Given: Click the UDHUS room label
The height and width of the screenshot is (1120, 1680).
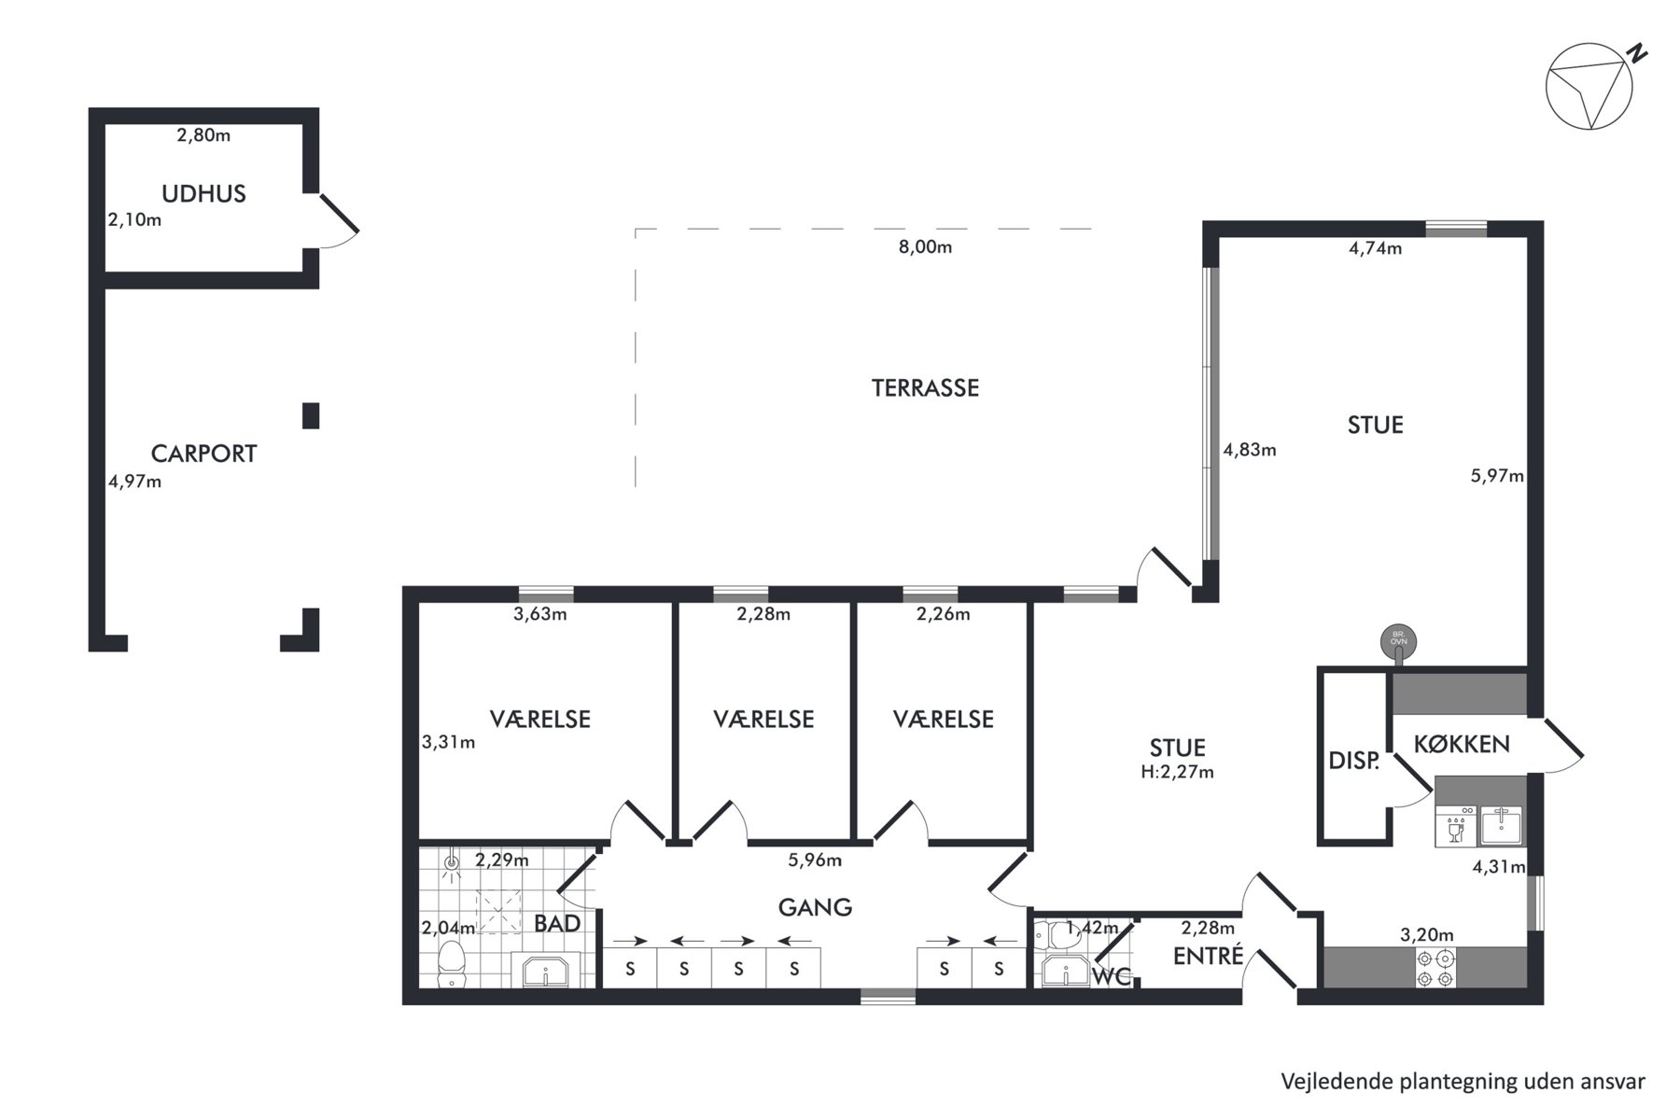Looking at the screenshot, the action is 203,194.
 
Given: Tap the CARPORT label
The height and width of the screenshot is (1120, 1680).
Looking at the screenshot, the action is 203,454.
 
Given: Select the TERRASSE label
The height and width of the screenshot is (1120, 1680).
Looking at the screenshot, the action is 925,388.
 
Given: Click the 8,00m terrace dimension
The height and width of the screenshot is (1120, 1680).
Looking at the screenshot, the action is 925,247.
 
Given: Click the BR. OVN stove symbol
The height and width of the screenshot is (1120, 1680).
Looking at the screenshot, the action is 1398,641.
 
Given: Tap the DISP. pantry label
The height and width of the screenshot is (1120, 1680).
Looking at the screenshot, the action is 1353,761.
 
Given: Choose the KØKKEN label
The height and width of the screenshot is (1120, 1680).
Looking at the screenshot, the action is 1461,744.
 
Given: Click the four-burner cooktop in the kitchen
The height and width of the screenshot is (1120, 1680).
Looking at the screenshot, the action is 1435,968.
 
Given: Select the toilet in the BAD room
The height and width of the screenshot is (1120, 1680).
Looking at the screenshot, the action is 453,963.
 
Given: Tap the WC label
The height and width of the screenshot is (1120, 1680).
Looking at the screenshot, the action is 1112,977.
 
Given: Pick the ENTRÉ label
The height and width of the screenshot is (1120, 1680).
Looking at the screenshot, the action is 1208,956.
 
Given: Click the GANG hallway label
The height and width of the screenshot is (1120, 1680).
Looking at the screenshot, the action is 815,906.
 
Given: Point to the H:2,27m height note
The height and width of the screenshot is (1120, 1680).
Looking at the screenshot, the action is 1177,772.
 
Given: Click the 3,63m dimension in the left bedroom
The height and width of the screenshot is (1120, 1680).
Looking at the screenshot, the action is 540,614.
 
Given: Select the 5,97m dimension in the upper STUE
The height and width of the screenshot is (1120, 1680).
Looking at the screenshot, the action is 1497,476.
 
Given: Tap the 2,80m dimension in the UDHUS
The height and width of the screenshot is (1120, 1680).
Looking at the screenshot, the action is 203,135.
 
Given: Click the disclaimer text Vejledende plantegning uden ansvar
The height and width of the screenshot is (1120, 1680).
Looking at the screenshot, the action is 1463,1082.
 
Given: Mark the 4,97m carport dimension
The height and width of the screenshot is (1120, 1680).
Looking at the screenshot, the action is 135,482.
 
